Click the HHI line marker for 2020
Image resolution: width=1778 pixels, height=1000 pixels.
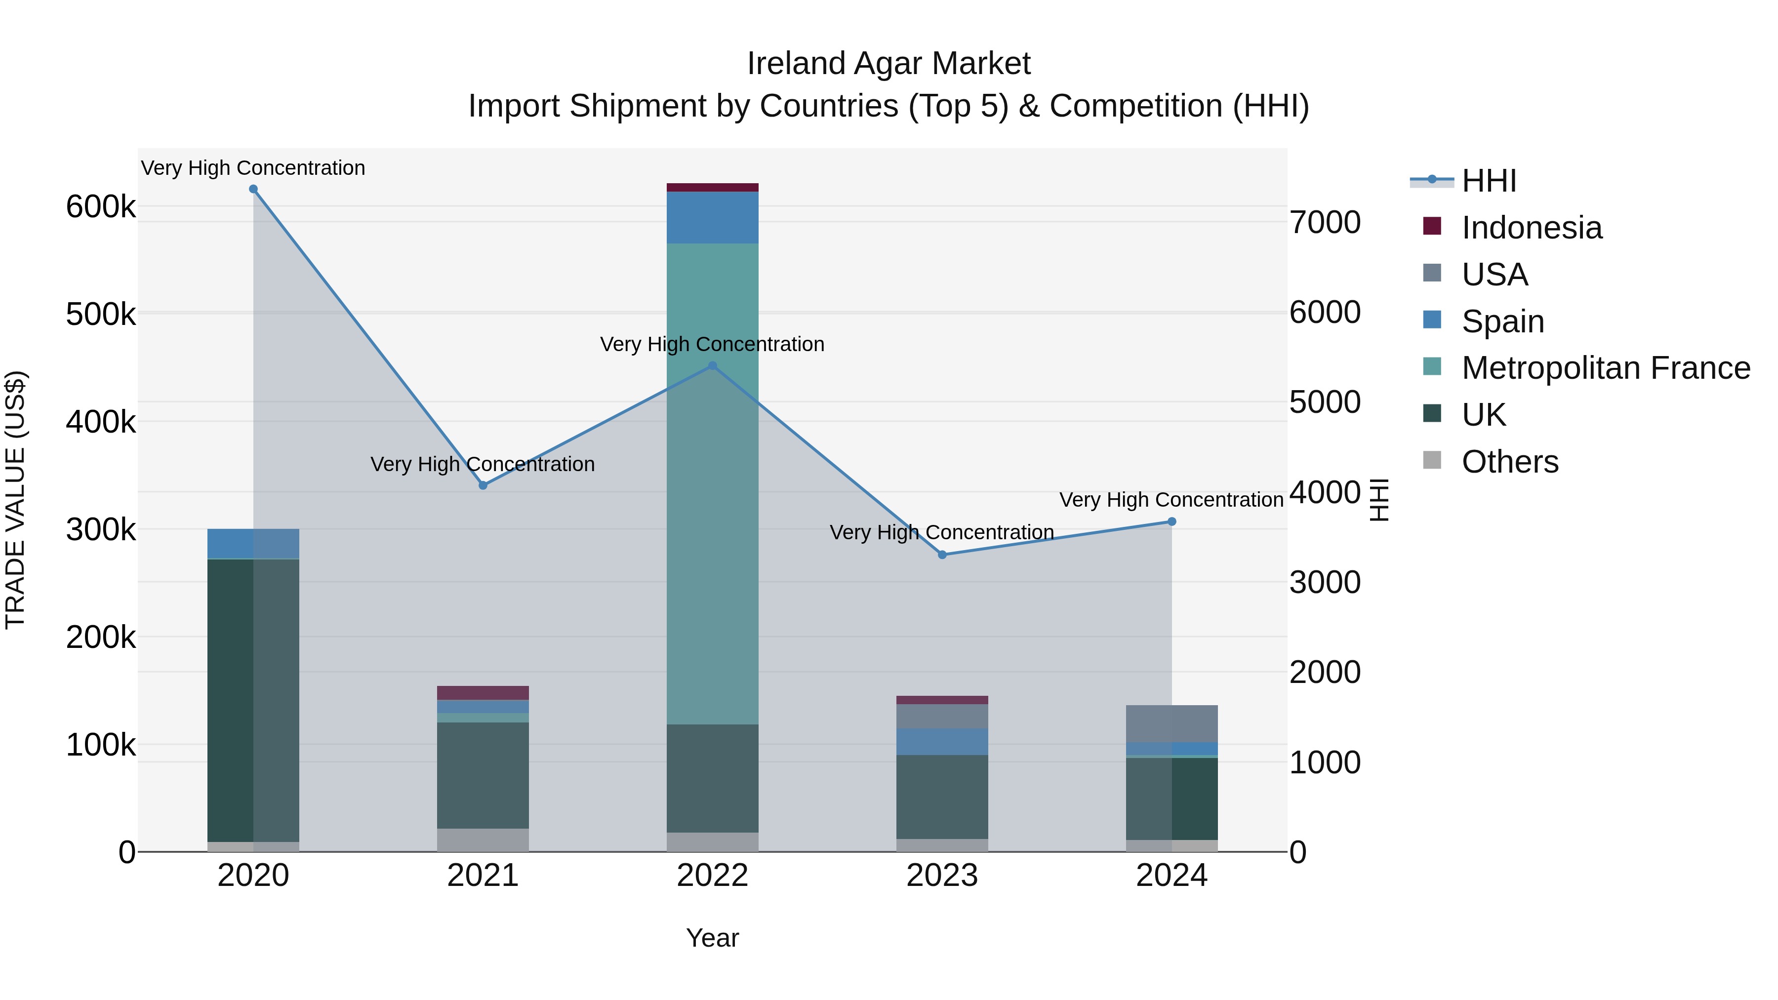253,189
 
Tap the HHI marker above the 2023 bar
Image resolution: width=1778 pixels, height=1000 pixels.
942,555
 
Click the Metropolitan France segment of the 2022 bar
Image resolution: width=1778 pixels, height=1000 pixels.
712,483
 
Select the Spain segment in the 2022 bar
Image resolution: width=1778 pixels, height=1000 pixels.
712,217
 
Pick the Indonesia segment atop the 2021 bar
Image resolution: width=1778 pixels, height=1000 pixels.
483,693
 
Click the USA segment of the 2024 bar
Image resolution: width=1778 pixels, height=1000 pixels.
1172,723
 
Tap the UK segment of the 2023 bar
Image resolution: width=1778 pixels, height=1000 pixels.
942,797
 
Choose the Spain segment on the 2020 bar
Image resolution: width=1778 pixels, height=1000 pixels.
253,543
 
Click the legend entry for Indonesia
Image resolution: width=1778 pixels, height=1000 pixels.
1531,228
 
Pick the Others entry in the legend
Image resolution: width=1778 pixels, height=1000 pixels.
1509,462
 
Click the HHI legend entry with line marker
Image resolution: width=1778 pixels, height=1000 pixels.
1488,181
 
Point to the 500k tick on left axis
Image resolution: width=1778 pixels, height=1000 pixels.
101,314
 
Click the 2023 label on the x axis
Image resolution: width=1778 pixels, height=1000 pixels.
942,876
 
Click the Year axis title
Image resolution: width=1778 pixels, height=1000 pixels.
712,938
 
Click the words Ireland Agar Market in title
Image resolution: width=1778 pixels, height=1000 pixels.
889,64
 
